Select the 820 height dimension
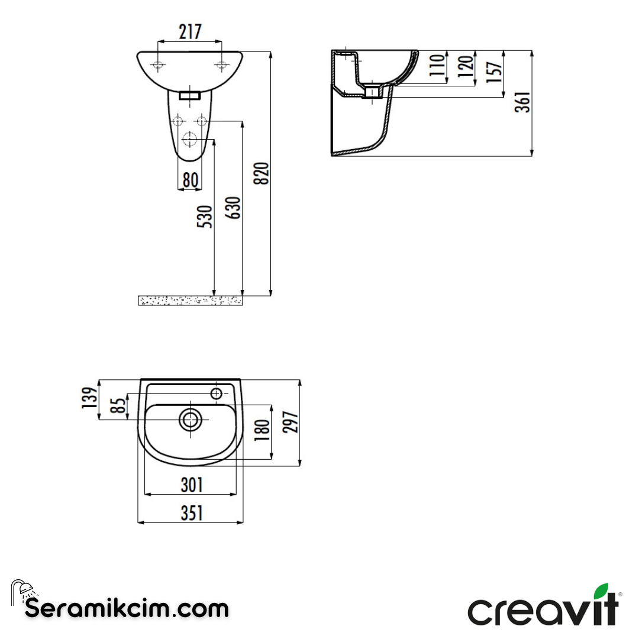click(263, 173)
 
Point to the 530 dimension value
click(204, 218)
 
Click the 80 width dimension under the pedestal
click(189, 180)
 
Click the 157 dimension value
click(496, 72)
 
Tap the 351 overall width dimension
click(191, 514)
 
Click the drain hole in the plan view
click(191, 420)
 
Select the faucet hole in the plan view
click(217, 393)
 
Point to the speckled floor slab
click(190, 301)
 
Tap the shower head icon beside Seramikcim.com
click(22, 590)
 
